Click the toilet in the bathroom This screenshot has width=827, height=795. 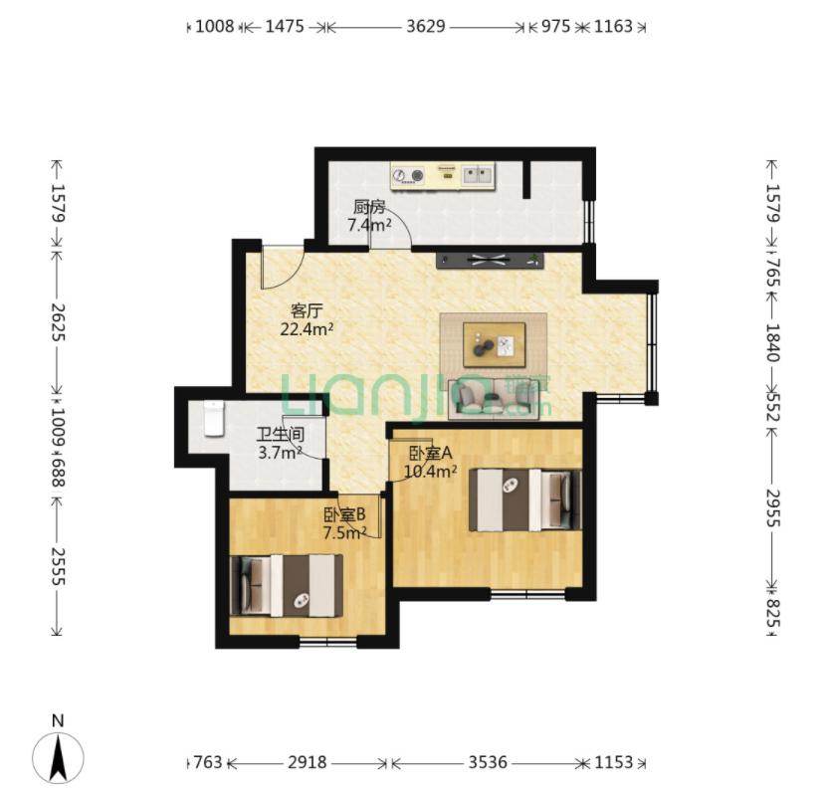[x=214, y=419]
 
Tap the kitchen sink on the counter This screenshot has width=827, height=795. [x=478, y=174]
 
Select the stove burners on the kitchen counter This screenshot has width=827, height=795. [x=409, y=174]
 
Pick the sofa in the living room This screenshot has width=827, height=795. [x=494, y=399]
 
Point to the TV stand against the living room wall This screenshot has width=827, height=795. [x=490, y=261]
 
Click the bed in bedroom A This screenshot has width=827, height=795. [x=525, y=499]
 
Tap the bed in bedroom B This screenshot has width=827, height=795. [x=287, y=585]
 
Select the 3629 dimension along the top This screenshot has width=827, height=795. [x=426, y=26]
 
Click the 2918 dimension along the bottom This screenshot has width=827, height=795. [x=307, y=762]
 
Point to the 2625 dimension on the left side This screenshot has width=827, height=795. [x=58, y=322]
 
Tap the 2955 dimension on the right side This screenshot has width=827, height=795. [x=772, y=508]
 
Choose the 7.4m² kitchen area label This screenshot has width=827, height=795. [x=369, y=225]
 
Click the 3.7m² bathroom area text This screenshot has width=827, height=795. [x=280, y=453]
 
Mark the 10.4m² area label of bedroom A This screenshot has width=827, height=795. [x=430, y=472]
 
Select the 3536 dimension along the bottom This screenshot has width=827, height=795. [x=488, y=762]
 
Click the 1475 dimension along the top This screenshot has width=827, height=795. [x=285, y=26]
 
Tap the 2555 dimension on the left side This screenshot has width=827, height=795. [x=58, y=567]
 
